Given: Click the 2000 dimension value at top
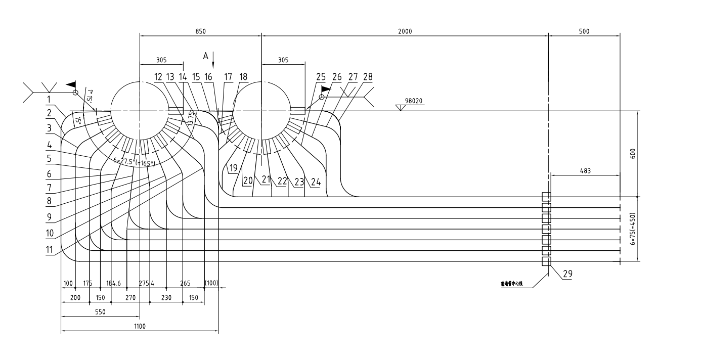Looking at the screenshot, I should (405, 31).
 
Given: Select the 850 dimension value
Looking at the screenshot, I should (200, 31).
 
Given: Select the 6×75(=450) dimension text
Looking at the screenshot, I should (632, 229).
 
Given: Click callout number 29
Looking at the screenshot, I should (567, 274).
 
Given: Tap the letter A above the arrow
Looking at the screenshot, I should (206, 56).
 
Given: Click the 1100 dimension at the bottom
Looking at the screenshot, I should (140, 327).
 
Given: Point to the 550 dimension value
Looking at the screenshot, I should (100, 312).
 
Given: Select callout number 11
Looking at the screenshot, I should (50, 249).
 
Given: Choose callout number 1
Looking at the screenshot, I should (50, 98).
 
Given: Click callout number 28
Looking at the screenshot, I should (368, 77).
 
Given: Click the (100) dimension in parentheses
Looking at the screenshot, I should (211, 283).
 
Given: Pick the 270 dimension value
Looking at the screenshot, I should (130, 298).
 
